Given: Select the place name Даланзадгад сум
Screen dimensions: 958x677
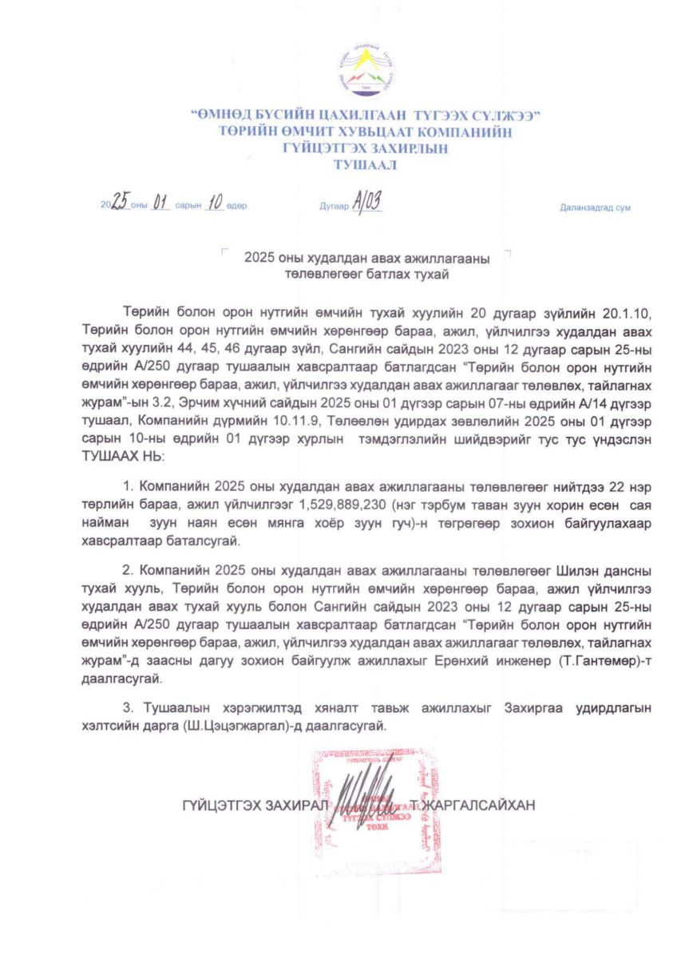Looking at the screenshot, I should (x=596, y=208).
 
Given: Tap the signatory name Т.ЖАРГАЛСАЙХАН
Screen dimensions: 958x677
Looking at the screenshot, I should (x=477, y=804).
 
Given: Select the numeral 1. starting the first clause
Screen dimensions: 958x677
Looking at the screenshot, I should (x=127, y=485).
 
